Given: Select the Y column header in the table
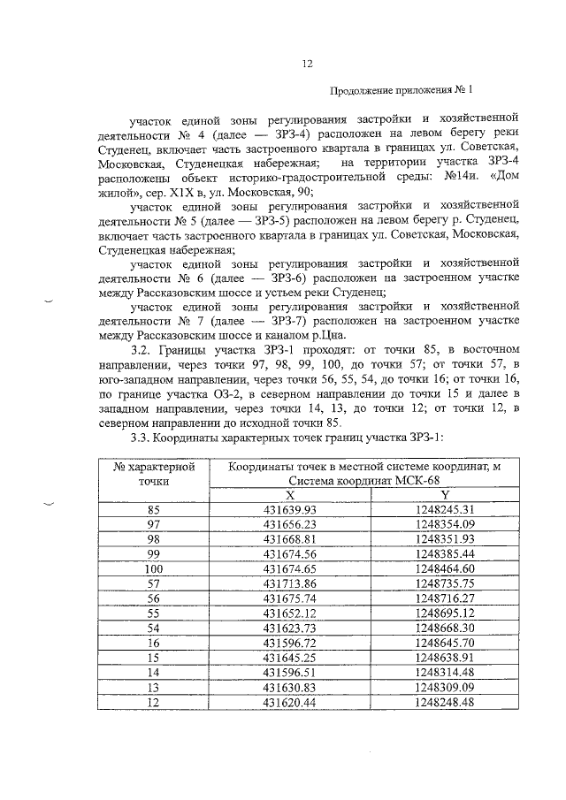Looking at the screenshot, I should point(444,496).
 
